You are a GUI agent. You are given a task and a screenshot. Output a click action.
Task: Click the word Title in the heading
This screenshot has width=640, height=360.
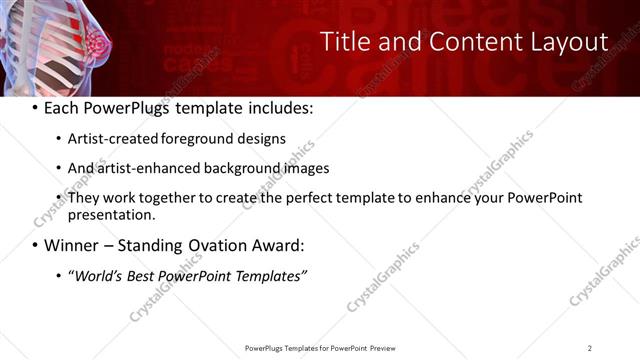pyautogui.click(x=345, y=42)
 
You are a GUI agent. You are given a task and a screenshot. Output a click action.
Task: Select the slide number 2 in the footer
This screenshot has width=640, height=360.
pyautogui.click(x=590, y=347)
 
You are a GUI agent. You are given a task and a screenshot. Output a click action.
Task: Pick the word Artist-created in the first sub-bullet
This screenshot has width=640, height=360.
pyautogui.click(x=113, y=139)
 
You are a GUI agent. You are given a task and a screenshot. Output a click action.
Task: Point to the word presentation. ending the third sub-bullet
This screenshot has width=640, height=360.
pyautogui.click(x=112, y=215)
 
